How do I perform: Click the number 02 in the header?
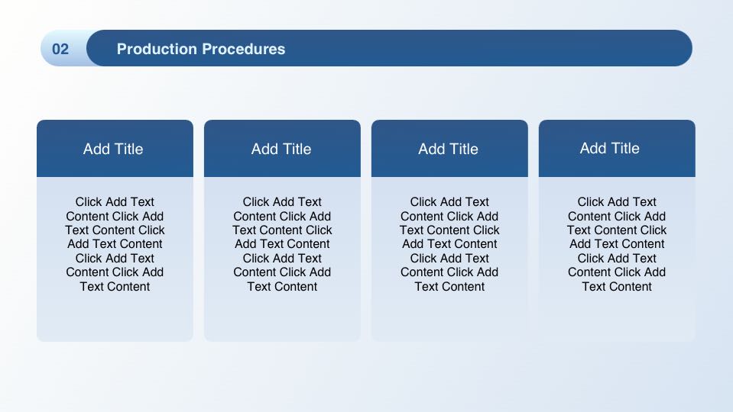pyautogui.click(x=60, y=49)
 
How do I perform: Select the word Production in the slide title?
pyautogui.click(x=157, y=49)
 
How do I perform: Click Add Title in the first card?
pyautogui.click(x=113, y=149)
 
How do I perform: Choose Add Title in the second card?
pyautogui.click(x=281, y=149)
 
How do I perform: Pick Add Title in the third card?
pyautogui.click(x=449, y=149)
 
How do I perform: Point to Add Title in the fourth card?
pyautogui.click(x=610, y=148)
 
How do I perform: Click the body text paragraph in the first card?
pyautogui.click(x=115, y=244)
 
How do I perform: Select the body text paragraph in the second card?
pyautogui.click(x=282, y=244)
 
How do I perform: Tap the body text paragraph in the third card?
pyautogui.click(x=449, y=244)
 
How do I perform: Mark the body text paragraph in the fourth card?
pyautogui.click(x=617, y=244)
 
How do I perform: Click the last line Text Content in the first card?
pyautogui.click(x=115, y=286)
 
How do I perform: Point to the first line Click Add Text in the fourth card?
pyautogui.click(x=617, y=202)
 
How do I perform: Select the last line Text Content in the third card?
pyautogui.click(x=449, y=286)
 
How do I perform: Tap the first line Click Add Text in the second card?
pyautogui.click(x=282, y=202)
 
